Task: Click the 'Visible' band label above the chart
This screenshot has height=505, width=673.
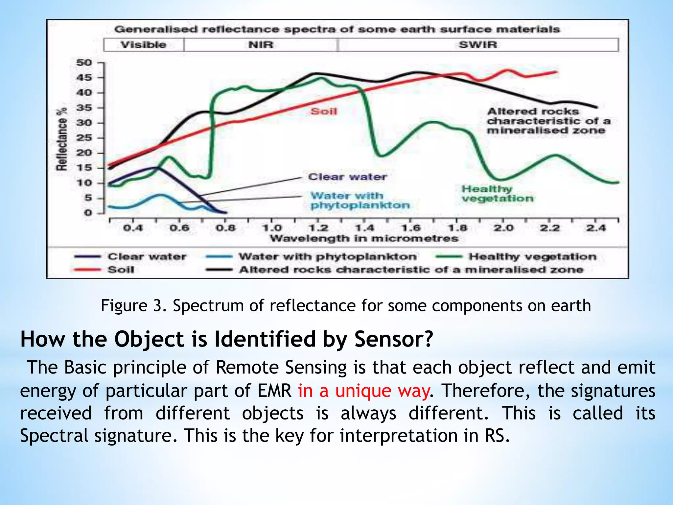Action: (x=143, y=45)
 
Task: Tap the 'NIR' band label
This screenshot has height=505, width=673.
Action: (x=261, y=45)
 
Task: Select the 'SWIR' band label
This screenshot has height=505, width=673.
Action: (x=477, y=45)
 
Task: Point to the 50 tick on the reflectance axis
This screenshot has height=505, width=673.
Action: (x=84, y=62)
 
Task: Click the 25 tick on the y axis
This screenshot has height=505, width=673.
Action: (x=84, y=138)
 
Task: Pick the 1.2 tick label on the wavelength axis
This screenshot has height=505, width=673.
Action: (x=318, y=228)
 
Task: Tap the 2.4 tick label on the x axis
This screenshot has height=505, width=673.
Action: (x=596, y=228)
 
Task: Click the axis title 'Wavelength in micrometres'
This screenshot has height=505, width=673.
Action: (x=364, y=238)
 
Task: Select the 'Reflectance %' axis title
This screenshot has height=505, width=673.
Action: (x=62, y=139)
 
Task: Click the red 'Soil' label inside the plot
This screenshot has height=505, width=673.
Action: (x=324, y=111)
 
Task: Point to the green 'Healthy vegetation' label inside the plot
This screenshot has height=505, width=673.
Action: (x=497, y=194)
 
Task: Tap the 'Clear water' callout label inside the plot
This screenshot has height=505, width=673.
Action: (x=347, y=177)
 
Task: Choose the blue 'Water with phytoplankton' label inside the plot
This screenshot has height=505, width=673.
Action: (x=360, y=201)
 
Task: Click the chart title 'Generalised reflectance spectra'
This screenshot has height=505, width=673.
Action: (x=336, y=29)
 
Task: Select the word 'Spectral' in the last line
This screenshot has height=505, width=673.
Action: (x=54, y=436)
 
